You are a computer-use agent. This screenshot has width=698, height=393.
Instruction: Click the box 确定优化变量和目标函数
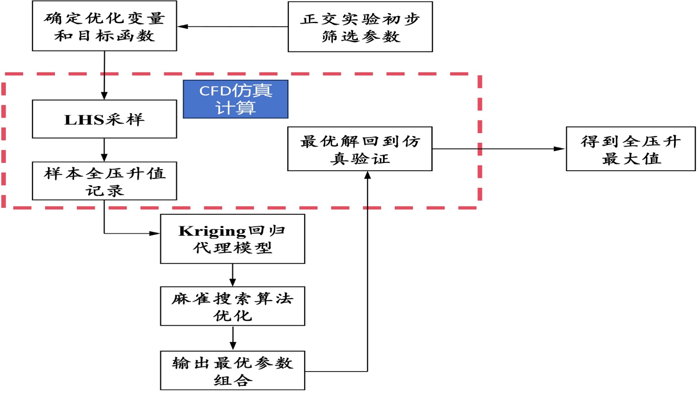click(x=104, y=26)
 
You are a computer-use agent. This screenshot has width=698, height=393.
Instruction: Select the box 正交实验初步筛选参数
click(x=360, y=27)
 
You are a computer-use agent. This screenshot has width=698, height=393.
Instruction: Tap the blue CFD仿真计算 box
click(x=236, y=99)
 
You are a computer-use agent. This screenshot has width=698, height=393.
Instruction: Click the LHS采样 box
click(x=104, y=119)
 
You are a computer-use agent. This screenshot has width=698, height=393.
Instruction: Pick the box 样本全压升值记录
click(x=104, y=181)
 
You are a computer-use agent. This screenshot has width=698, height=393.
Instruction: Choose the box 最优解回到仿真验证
click(x=360, y=149)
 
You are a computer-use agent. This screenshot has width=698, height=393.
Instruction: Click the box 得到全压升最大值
click(x=630, y=149)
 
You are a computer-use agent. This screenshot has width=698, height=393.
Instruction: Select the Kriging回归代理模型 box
click(x=233, y=239)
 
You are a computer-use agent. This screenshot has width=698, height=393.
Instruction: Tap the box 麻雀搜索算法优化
click(x=233, y=306)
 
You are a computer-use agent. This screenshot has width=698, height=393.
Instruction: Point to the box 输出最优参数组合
click(x=233, y=370)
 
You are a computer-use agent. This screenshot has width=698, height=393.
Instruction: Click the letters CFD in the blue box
click(x=215, y=91)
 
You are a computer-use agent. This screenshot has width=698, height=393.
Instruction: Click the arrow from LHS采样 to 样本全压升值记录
click(x=104, y=150)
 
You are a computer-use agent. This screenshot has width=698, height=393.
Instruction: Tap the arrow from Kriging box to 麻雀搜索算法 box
click(x=233, y=275)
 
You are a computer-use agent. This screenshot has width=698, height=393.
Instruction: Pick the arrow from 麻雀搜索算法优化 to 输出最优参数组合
click(x=233, y=338)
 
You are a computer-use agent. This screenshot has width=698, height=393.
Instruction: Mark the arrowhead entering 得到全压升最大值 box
click(x=560, y=149)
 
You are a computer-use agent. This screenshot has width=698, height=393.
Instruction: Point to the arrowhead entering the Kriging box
click(x=154, y=233)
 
